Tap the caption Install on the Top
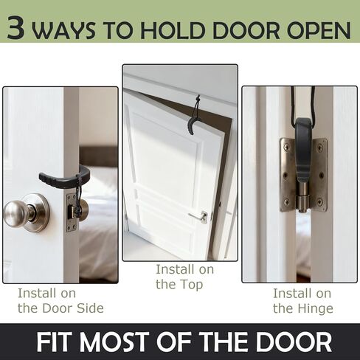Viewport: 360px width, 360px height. click(179, 277)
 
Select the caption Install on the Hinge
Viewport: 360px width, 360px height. click(302, 300)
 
